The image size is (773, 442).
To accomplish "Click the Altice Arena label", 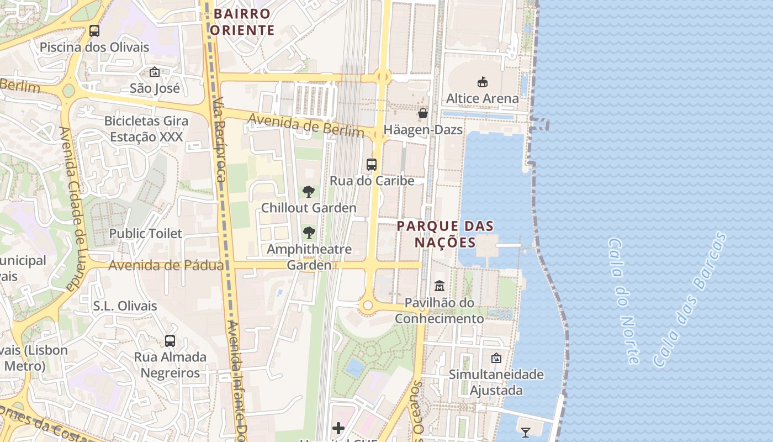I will pyautogui.click(x=482, y=98).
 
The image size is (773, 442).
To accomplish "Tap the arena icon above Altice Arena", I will pyautogui.click(x=483, y=82).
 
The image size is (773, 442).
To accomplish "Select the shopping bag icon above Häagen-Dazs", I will pyautogui.click(x=423, y=113).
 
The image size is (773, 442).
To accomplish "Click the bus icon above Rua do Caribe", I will pyautogui.click(x=372, y=164).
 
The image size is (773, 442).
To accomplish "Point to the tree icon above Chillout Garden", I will pyautogui.click(x=309, y=192).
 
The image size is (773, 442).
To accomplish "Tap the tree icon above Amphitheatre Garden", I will pyautogui.click(x=309, y=233).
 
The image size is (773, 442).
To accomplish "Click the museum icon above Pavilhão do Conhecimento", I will pyautogui.click(x=440, y=286).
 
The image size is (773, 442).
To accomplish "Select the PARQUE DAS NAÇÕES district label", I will pyautogui.click(x=445, y=234).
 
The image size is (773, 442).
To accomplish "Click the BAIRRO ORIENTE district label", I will pyautogui.click(x=242, y=22).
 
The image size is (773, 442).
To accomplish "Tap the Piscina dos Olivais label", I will pyautogui.click(x=94, y=47).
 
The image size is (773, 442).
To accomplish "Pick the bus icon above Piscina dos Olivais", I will pyautogui.click(x=94, y=31).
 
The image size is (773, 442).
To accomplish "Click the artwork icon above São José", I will pyautogui.click(x=155, y=72).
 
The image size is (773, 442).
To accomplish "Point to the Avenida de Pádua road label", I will pyautogui.click(x=166, y=266).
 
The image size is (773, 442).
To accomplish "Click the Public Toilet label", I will pyautogui.click(x=145, y=233).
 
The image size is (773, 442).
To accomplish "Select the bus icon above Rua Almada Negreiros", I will pyautogui.click(x=170, y=341).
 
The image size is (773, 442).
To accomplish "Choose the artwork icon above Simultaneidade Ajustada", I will pyautogui.click(x=496, y=358).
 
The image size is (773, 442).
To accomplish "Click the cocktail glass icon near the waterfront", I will pyautogui.click(x=526, y=432).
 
